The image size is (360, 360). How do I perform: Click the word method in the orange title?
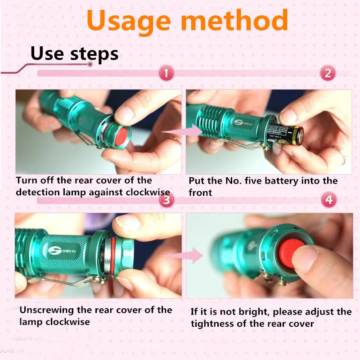(234, 20)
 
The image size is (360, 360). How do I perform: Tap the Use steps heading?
(74, 54)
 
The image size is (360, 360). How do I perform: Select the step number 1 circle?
(166, 73)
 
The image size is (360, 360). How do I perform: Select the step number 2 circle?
(328, 73)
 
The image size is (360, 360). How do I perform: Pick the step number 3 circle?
(166, 200)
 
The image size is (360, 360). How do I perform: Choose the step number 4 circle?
(329, 199)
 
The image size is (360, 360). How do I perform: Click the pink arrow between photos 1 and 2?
(182, 132)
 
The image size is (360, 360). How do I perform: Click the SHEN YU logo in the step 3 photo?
(62, 251)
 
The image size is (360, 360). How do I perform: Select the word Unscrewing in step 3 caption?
(47, 310)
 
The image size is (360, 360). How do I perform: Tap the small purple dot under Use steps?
(90, 64)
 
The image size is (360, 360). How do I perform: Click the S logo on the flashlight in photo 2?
(239, 122)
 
